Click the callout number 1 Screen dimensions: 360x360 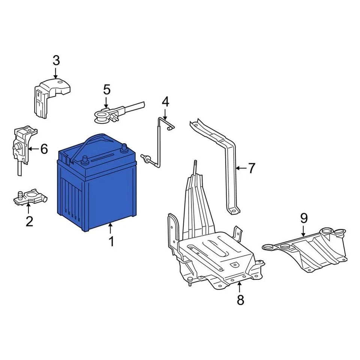(x=111, y=241)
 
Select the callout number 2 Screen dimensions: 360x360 (x=29, y=221)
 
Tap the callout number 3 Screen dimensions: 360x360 (x=56, y=60)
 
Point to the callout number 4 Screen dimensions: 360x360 (x=165, y=101)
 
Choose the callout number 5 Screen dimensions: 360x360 (x=106, y=90)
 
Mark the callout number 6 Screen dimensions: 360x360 (x=44, y=149)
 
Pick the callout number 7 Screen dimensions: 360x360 (x=251, y=168)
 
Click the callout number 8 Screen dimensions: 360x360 (x=240, y=300)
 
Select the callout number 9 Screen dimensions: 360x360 (x=303, y=218)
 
